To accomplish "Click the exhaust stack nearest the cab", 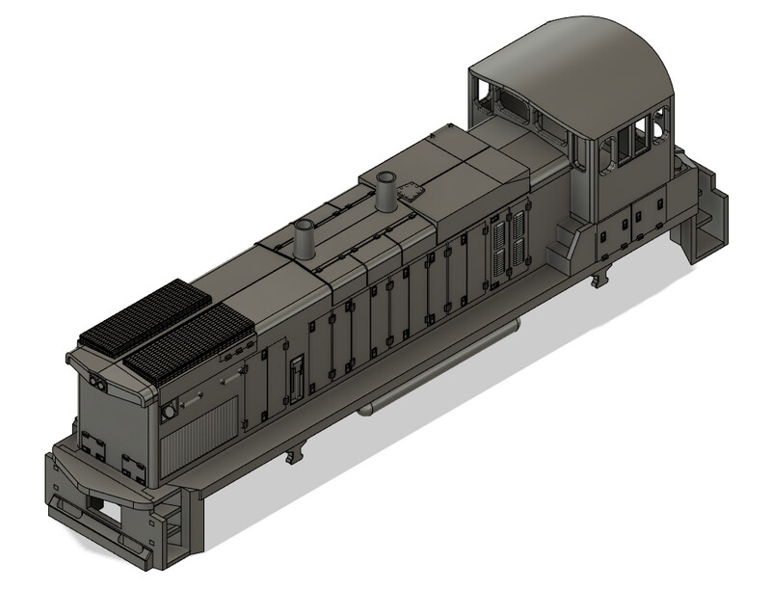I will click(387, 191).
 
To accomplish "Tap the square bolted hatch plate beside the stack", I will click(413, 190).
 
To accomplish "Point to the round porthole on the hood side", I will click(169, 412).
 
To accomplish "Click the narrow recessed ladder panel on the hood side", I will click(297, 377).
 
